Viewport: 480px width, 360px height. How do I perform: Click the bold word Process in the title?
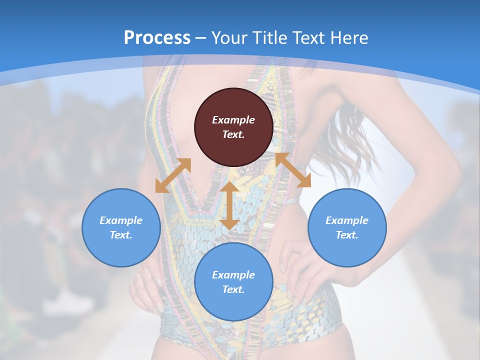coord(157,38)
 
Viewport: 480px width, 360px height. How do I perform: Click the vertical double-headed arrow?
coord(229,205)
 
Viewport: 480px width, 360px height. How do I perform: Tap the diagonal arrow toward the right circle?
coord(293,170)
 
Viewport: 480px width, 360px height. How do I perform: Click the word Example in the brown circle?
coord(233,120)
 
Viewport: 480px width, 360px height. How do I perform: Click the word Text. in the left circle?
coord(121,235)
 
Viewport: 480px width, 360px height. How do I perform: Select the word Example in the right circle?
coord(347,220)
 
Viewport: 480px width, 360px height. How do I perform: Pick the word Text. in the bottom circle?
coord(233,289)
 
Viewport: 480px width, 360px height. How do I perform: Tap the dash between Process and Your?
coord(200,38)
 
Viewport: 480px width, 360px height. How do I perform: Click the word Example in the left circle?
coord(121,220)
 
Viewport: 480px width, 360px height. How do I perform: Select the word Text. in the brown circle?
coord(233,134)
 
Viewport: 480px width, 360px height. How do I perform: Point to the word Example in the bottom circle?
coord(233,275)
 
